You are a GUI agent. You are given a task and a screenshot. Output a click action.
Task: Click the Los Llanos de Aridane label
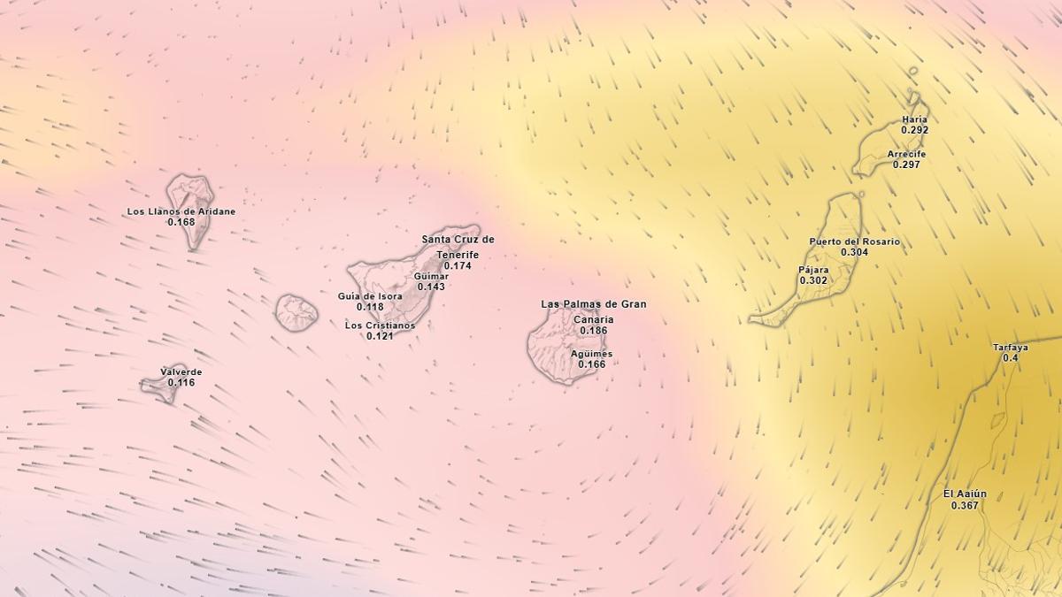pos(181,211)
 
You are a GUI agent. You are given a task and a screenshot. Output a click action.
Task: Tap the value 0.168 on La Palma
pos(181,222)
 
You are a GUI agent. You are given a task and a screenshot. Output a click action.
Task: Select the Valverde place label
pos(181,372)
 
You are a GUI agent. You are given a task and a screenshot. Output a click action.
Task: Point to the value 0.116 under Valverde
pos(181,383)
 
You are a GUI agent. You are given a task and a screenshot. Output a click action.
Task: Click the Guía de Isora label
pos(370,296)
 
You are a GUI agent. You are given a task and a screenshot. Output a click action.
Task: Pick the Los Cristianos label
pos(380,325)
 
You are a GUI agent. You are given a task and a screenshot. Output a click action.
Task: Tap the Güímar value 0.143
pos(431,287)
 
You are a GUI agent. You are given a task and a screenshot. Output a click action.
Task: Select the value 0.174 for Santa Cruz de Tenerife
pos(458,265)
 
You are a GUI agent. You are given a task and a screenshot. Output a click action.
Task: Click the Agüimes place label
pos(592,354)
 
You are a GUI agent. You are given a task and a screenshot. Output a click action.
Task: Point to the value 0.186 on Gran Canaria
pos(593,331)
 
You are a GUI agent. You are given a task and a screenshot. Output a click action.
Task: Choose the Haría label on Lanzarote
pos(914,119)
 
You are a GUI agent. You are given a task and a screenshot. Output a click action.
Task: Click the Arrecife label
pos(906,154)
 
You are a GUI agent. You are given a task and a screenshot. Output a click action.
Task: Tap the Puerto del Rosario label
pos(854,241)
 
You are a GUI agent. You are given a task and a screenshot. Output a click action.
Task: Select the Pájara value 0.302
pos(813,280)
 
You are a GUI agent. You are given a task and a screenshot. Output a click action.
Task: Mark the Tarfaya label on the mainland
pos(1010,348)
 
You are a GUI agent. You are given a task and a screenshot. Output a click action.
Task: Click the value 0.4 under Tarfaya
pos(1010,358)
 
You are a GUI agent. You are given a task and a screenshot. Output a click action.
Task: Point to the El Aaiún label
pos(965,494)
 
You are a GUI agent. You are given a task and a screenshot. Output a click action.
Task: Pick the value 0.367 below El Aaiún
pos(965,506)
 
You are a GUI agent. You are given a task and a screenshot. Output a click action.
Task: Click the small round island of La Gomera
pos(296,313)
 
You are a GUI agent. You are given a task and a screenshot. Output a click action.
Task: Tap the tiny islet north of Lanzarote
pos(913,72)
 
